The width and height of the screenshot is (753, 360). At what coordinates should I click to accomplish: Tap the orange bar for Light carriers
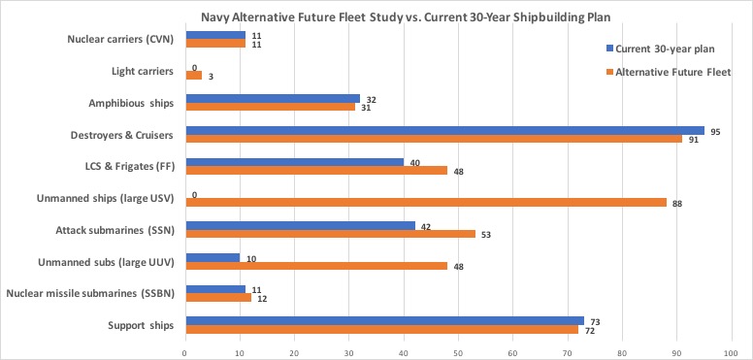(193, 75)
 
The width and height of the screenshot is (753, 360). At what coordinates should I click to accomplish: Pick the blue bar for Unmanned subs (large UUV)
(213, 258)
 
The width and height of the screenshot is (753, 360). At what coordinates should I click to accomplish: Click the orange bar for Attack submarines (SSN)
(330, 234)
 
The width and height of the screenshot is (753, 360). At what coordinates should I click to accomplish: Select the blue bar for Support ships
(384, 321)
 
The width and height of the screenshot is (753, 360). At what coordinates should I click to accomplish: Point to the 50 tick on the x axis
(458, 352)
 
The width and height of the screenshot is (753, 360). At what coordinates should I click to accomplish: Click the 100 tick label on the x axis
(731, 352)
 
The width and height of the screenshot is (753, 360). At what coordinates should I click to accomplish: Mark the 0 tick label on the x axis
(185, 352)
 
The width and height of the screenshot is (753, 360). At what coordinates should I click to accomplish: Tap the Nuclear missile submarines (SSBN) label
(90, 293)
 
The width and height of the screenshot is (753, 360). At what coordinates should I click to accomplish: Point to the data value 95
(715, 130)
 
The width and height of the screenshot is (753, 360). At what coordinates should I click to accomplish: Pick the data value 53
(484, 234)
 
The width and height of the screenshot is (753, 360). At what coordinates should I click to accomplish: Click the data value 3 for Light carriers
(210, 75)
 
